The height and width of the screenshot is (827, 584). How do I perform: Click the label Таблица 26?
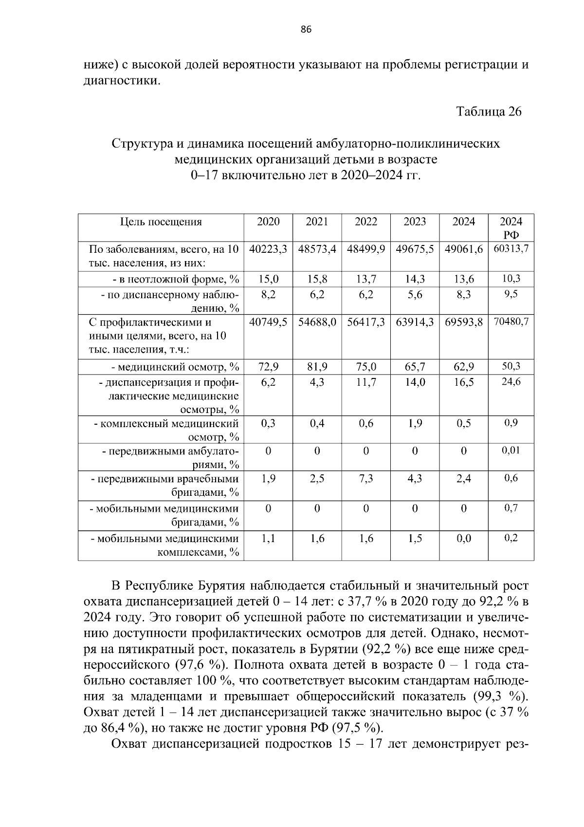point(489,112)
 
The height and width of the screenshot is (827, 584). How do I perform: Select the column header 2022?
point(366,222)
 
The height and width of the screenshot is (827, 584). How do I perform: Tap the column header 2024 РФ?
point(511,228)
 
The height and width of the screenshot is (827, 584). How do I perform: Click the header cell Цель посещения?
point(161,222)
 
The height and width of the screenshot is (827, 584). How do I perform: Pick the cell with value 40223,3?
point(268,249)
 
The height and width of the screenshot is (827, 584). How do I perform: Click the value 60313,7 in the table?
point(511,249)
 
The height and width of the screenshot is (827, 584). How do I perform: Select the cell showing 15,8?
point(317,279)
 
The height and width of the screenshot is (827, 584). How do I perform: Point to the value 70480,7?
point(511,322)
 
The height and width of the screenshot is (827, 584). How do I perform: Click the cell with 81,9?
point(317,367)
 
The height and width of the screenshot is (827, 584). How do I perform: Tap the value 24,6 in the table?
point(511,382)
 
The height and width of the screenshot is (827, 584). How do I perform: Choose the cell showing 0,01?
point(511,451)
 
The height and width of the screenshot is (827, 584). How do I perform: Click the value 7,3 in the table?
point(366,479)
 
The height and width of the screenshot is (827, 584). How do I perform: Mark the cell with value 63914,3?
point(415,322)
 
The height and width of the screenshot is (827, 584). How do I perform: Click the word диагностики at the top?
point(121,80)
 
